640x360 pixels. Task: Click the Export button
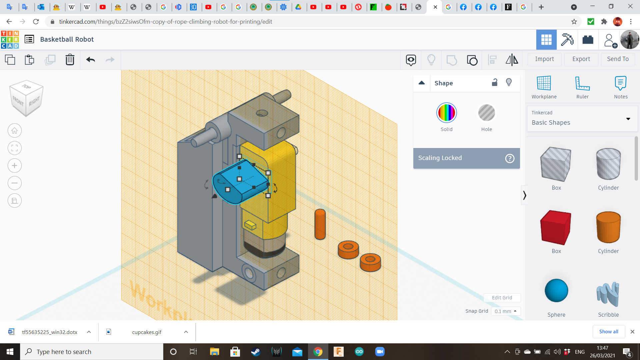(581, 59)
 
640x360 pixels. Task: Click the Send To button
(618, 59)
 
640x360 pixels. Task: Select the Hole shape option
(486, 113)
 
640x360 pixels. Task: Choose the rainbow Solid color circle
(446, 113)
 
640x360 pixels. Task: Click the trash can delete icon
(70, 60)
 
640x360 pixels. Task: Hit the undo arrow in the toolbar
(90, 60)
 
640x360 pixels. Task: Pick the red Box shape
(556, 228)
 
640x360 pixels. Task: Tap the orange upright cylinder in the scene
(320, 224)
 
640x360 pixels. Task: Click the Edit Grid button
(502, 298)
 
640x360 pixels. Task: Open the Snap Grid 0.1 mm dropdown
(505, 311)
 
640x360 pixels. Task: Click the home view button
(15, 131)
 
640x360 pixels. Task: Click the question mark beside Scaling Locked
(510, 158)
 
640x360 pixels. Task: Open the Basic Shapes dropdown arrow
(628, 119)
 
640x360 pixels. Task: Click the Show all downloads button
(608, 332)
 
